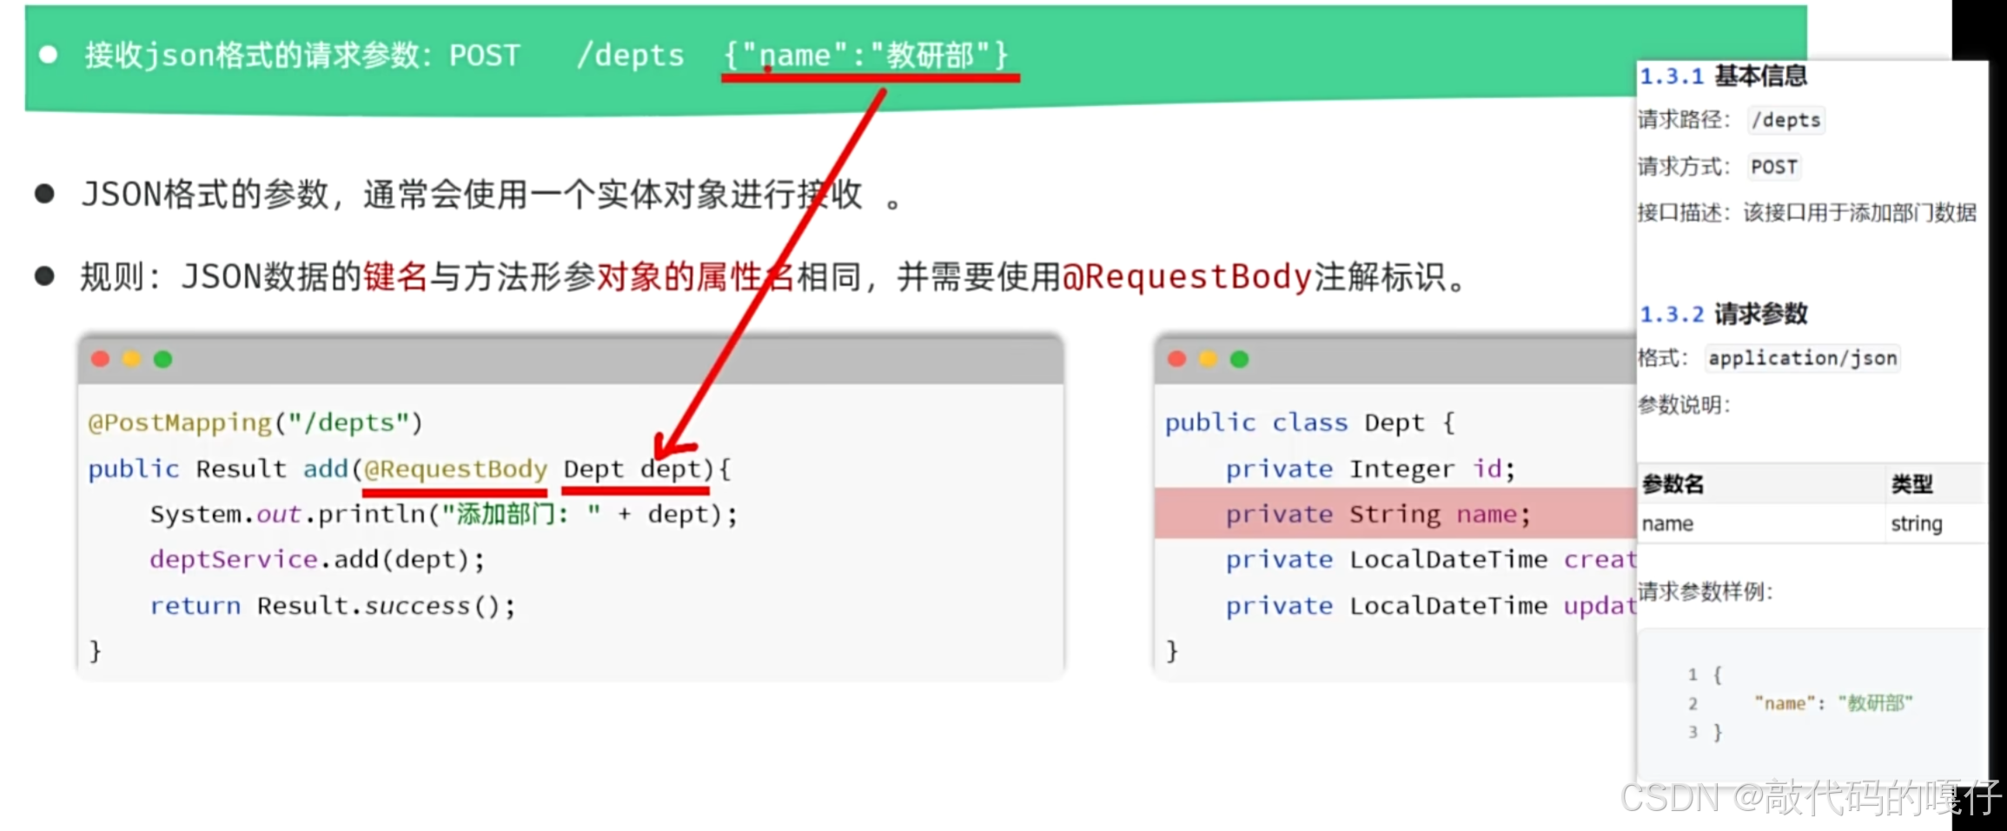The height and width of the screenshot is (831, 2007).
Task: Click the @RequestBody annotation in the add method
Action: tap(455, 469)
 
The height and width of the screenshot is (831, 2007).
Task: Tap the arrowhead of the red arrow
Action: tap(665, 449)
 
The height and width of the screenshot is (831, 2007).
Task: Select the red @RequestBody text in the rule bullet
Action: tap(1186, 277)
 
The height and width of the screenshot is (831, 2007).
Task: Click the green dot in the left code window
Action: tap(162, 359)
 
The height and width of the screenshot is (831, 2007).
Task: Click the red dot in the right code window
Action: tap(1177, 359)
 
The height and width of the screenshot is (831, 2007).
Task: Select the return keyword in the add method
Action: tap(195, 606)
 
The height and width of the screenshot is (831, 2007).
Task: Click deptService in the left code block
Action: tap(233, 560)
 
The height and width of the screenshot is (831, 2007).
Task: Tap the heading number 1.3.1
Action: tap(1671, 76)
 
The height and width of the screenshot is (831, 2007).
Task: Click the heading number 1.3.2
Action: tap(1671, 314)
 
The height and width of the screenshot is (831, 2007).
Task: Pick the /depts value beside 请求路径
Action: tap(1785, 120)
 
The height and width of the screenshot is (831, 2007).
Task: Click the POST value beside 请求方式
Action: tap(1773, 167)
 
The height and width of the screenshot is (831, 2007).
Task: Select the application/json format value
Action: tap(1802, 358)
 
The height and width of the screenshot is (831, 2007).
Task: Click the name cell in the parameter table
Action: tap(1667, 524)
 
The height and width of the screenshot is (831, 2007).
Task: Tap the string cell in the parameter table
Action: tap(1916, 524)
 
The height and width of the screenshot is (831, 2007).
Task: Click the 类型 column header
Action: tap(1911, 484)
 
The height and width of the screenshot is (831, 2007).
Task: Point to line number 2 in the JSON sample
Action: tap(1692, 703)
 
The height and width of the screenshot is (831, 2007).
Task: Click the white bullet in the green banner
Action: tap(49, 55)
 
